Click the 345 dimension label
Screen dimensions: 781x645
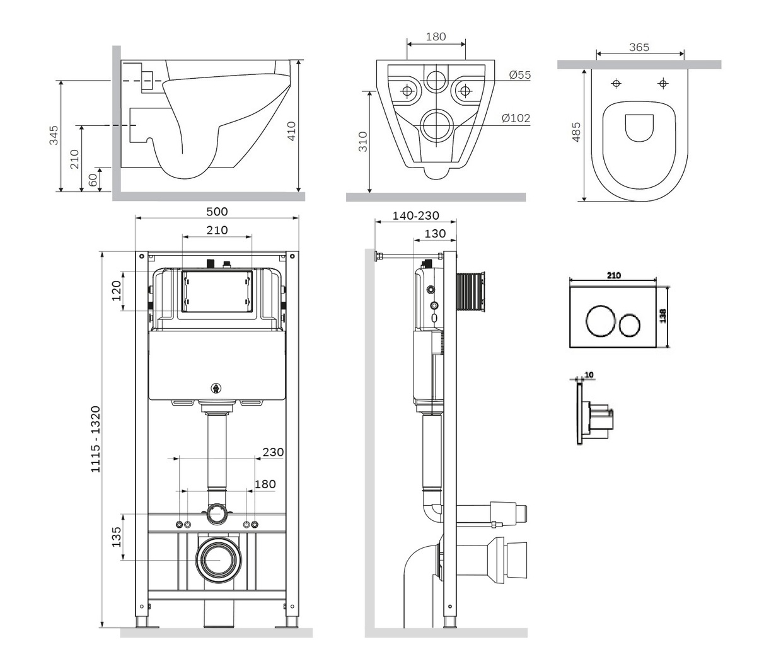[54, 135]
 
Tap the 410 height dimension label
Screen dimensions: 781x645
[291, 131]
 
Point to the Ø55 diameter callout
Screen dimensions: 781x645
[520, 75]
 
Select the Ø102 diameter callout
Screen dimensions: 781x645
[516, 118]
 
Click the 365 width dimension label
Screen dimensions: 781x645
[639, 47]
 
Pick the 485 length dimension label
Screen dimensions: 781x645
[576, 132]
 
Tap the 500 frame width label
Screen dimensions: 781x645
[217, 212]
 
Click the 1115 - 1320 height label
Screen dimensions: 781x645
[96, 439]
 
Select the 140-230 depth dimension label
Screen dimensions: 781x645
[415, 215]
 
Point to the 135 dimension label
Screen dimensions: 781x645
[117, 537]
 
